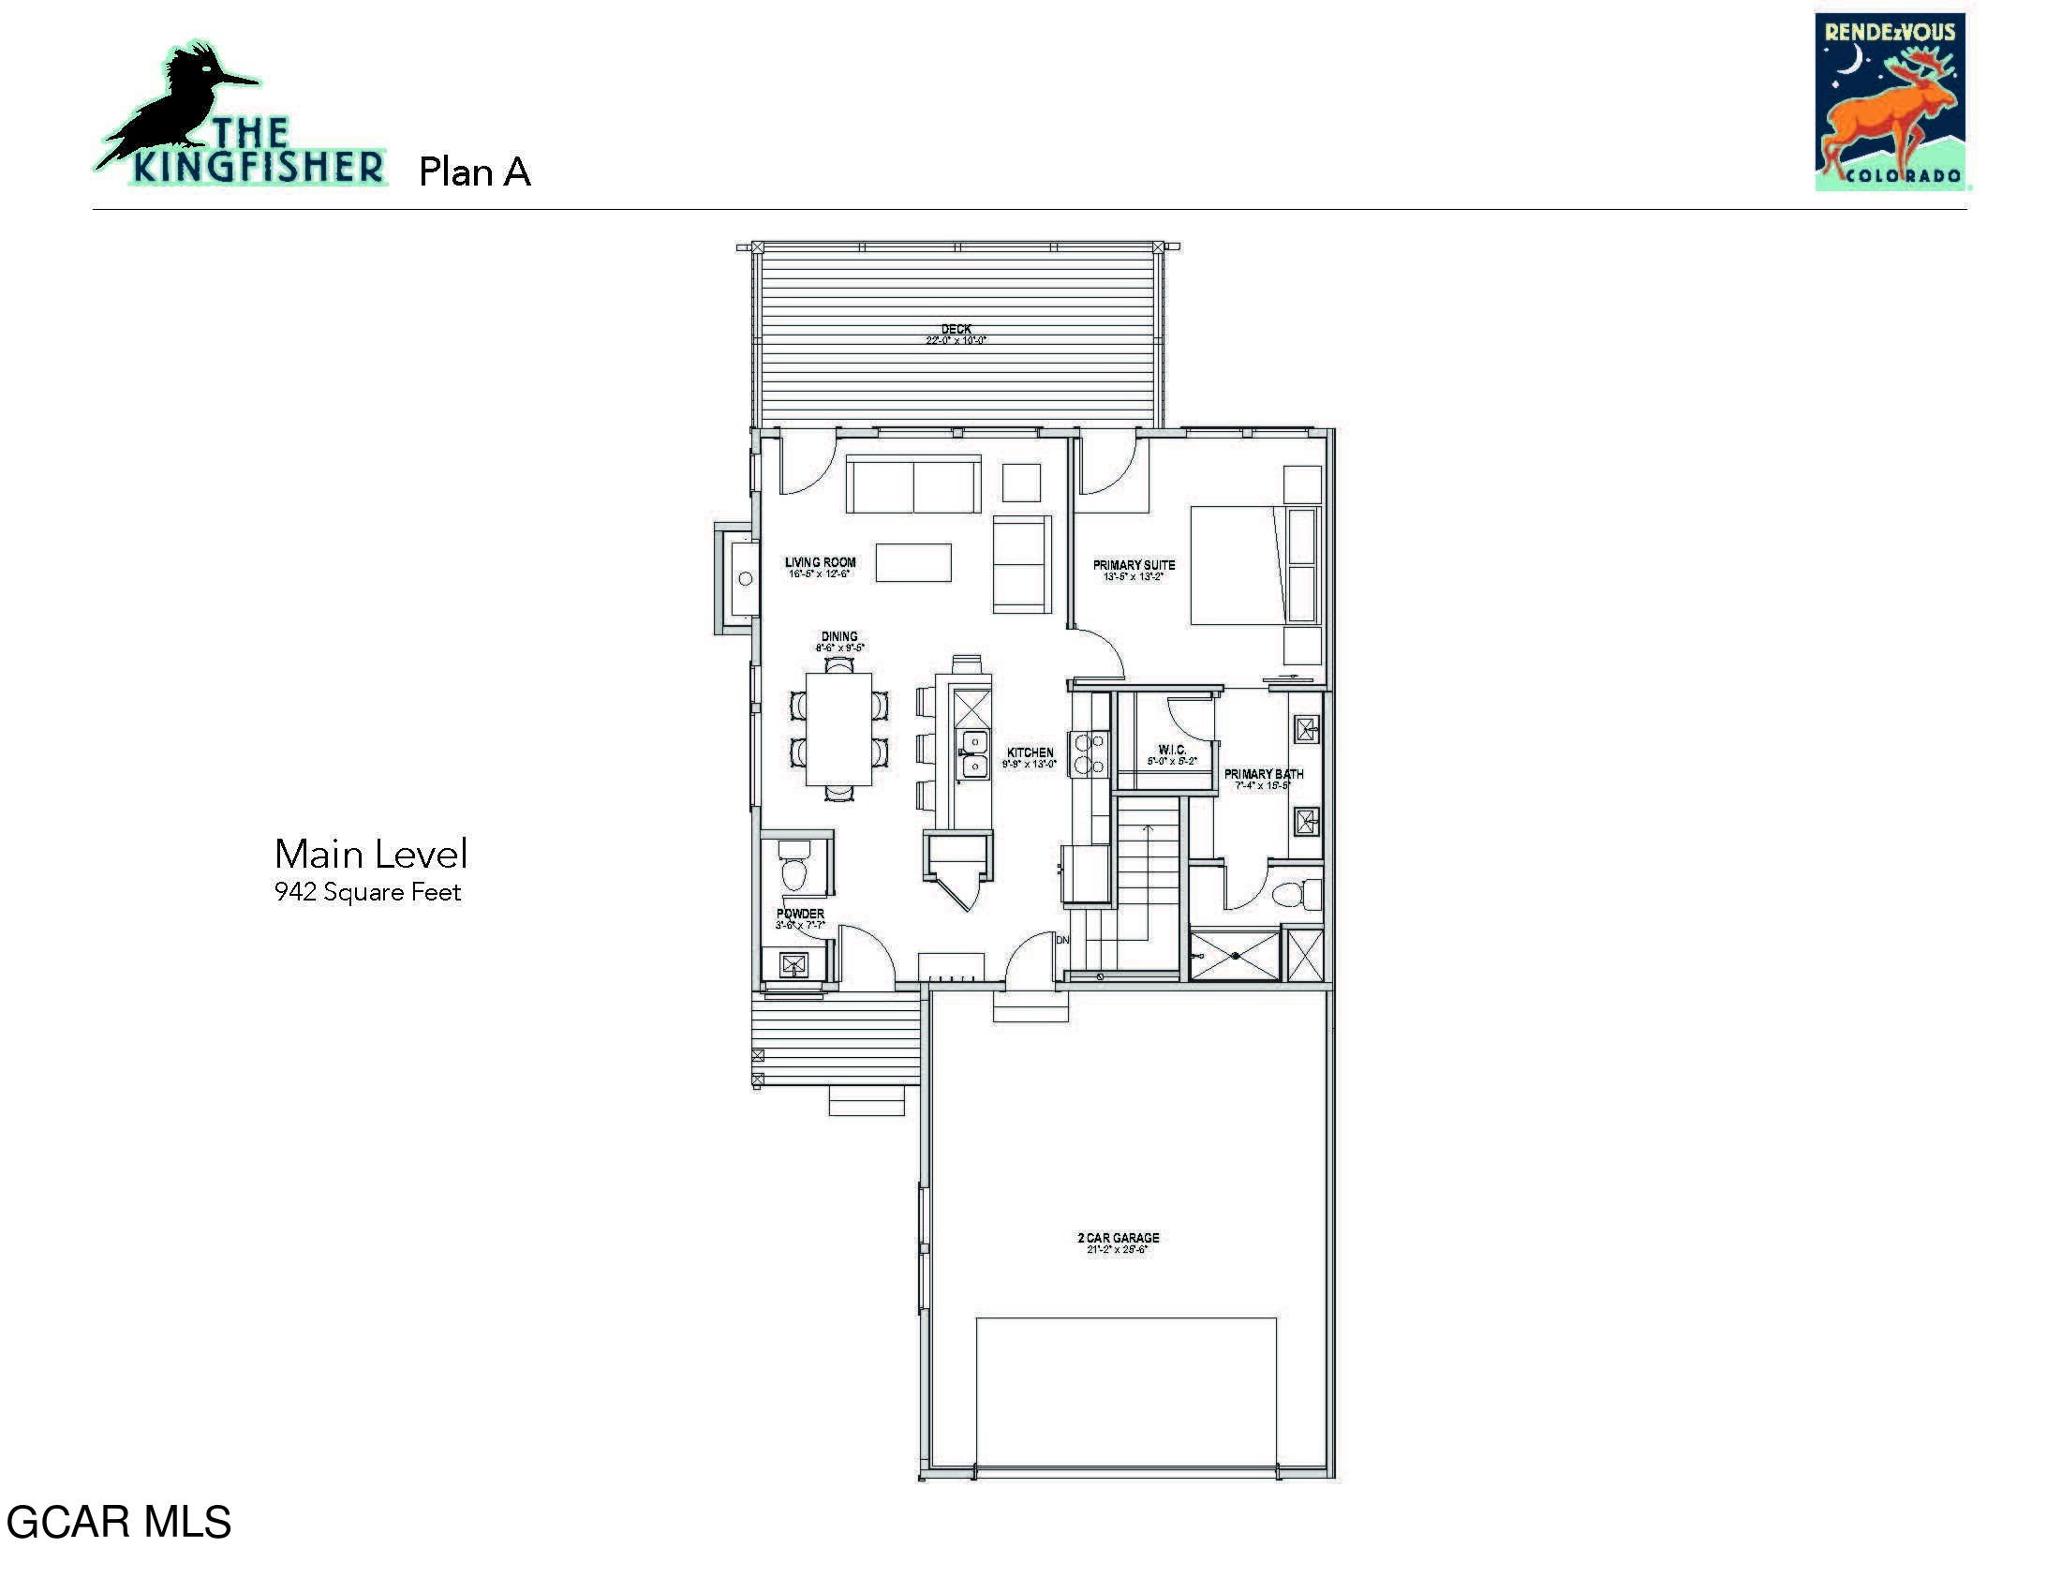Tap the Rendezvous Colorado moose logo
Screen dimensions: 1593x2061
coord(1890,102)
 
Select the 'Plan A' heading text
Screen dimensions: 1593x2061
coord(475,171)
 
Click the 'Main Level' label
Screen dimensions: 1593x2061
coord(371,854)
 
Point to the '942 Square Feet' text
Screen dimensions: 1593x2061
coord(367,893)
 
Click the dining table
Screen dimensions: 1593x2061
coord(838,728)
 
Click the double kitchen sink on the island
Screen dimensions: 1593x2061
coord(974,754)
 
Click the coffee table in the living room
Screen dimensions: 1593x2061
coord(912,562)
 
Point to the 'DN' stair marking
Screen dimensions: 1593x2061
coord(1062,940)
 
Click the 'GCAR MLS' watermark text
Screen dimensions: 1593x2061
coord(119,1522)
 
